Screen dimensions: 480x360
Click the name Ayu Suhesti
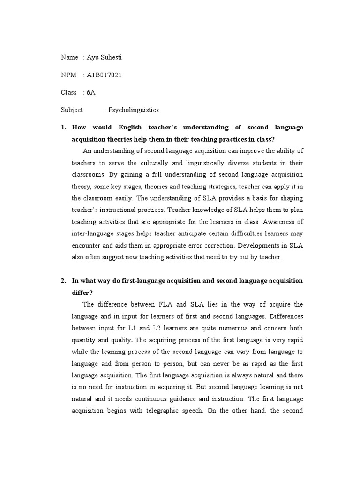point(105,57)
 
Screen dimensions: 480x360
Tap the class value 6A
point(90,92)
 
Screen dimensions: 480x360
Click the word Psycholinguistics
point(134,110)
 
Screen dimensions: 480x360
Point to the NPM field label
point(68,75)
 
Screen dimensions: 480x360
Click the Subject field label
point(72,110)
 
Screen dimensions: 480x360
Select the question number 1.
point(63,127)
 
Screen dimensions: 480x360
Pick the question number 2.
point(63,280)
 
